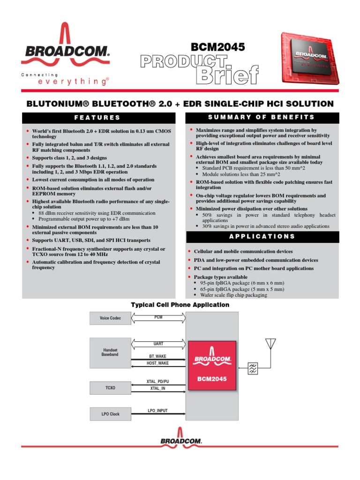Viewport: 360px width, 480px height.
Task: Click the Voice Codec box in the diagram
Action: click(x=110, y=318)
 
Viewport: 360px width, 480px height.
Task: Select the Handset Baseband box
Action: click(x=110, y=352)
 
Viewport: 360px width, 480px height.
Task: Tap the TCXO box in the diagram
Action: click(x=110, y=388)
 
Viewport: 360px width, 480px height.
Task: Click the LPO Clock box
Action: click(x=110, y=414)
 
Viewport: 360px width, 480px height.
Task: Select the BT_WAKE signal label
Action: click(x=158, y=356)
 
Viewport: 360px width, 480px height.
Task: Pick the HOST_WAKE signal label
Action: click(x=158, y=363)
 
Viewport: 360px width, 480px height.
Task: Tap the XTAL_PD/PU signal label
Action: click(x=158, y=382)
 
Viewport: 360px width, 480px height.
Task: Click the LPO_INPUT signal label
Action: click(x=158, y=411)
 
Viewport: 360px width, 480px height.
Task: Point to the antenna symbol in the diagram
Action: click(x=270, y=345)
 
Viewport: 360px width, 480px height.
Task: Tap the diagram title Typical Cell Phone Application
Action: click(x=180, y=305)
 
